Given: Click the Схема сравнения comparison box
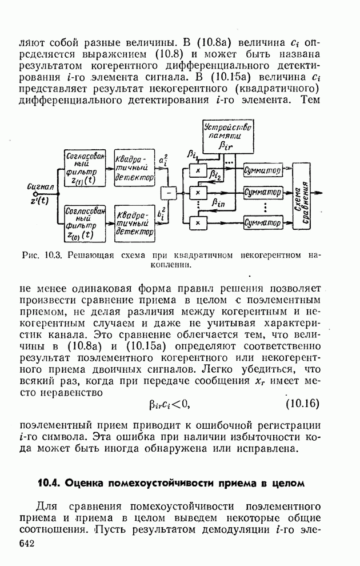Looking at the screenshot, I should click(x=306, y=196).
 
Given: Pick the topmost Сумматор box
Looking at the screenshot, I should click(x=262, y=170).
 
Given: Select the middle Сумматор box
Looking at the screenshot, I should click(x=262, y=191).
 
